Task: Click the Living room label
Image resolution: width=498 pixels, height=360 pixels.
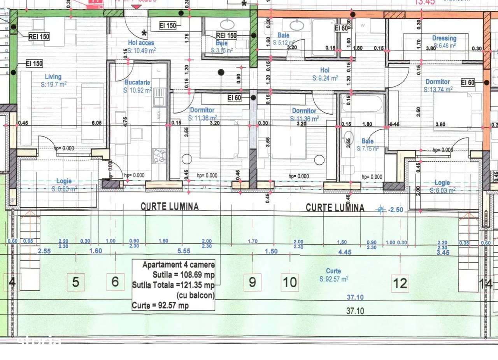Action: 53,77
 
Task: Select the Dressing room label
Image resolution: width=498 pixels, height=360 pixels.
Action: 444,38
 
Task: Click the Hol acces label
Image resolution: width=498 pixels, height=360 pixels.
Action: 141,43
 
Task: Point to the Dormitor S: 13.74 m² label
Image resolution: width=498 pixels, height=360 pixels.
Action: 438,82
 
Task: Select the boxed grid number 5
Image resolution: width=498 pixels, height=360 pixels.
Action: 76,282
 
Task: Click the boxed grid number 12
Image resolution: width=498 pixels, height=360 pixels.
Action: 400,283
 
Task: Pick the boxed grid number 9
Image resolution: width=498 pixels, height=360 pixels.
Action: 252,282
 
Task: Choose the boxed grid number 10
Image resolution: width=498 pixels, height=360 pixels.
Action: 290,282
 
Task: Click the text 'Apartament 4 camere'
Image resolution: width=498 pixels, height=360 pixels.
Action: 178,265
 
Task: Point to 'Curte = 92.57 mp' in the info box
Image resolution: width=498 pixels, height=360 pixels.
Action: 160,306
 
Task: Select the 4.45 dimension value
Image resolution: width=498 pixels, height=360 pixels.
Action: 345,252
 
